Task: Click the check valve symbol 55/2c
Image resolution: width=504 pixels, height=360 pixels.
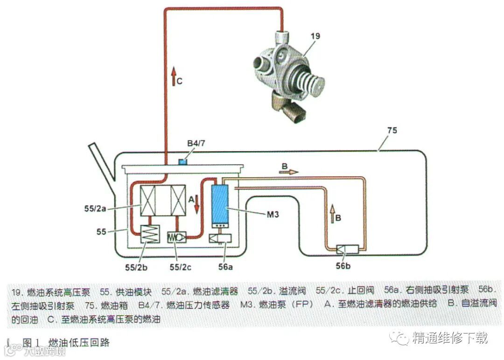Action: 177,237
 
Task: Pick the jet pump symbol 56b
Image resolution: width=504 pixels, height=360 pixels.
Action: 347,249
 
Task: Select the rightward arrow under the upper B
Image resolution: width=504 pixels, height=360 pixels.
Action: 288,172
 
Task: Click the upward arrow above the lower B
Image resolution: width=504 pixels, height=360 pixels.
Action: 333,212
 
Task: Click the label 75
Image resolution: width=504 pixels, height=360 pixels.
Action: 392,131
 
